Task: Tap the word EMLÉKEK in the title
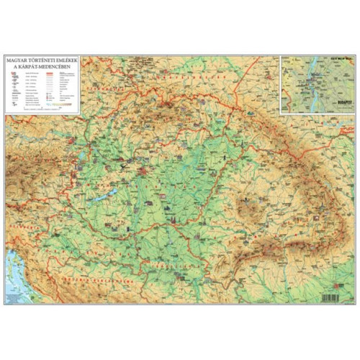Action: click(68, 60)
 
